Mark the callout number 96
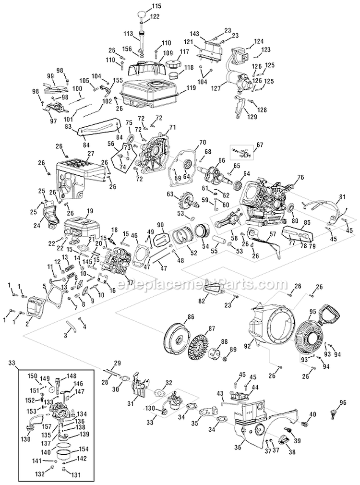click(x=342, y=402)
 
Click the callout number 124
click(x=259, y=41)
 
